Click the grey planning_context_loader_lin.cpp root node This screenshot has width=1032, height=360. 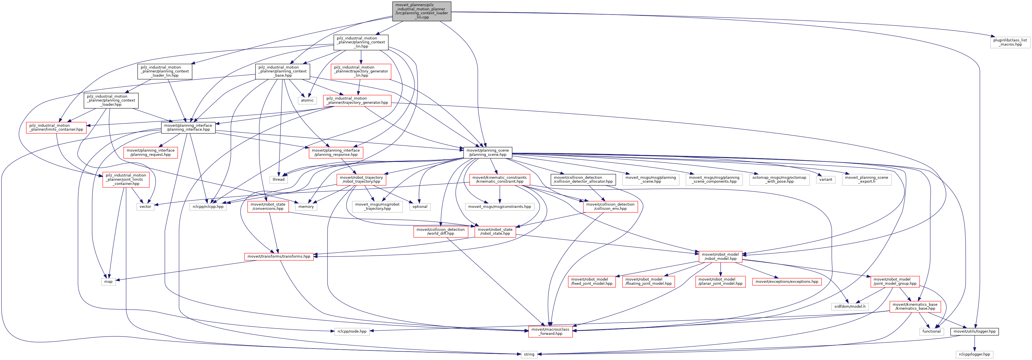coord(422,11)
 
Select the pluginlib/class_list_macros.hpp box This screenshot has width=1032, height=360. coord(1010,42)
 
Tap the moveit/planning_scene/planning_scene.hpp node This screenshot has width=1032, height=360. coord(488,152)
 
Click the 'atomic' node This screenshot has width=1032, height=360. coord(307,100)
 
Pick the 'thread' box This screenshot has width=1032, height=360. coord(278,179)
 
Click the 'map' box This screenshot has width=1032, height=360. coord(109,281)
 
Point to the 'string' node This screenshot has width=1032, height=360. coord(529,354)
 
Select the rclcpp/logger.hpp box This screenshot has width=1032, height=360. coord(974,354)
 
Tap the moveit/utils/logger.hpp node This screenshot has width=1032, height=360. coord(974,331)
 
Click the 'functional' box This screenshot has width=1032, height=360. coord(932,331)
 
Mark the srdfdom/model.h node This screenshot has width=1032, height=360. coord(850,306)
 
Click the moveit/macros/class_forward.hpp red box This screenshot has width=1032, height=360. coord(550,331)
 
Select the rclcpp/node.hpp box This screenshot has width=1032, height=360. coord(352,331)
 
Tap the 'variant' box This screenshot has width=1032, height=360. coord(826,179)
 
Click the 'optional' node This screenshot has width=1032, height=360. coord(420,207)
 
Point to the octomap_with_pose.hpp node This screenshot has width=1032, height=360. coord(779,179)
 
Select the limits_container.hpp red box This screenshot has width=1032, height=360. coord(56,127)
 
